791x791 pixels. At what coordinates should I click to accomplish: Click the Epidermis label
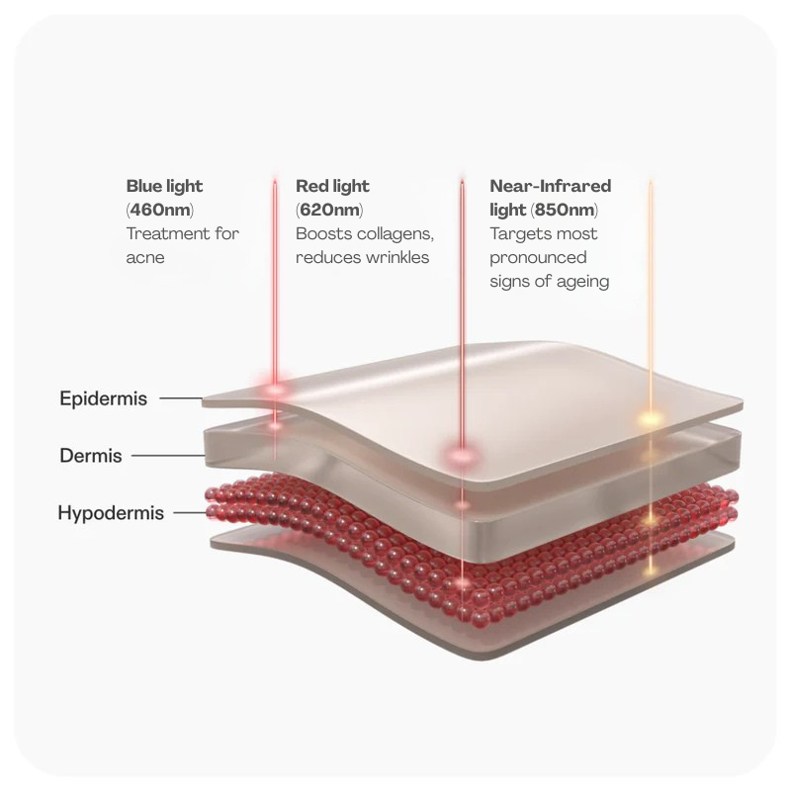click(104, 398)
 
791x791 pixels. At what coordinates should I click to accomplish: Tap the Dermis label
click(91, 456)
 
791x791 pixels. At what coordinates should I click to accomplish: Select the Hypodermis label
click(111, 513)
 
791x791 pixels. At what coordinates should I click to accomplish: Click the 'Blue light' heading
click(164, 186)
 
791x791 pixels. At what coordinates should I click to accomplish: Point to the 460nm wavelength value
click(161, 210)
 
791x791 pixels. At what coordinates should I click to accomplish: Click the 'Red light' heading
click(332, 186)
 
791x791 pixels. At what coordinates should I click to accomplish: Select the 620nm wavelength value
click(330, 210)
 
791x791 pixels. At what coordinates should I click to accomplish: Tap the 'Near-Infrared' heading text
click(551, 186)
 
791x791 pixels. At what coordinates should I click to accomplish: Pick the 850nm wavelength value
click(565, 210)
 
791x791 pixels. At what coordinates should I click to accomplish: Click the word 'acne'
click(145, 258)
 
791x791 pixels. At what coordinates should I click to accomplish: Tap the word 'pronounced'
click(538, 258)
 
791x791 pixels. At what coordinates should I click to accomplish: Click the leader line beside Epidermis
click(181, 398)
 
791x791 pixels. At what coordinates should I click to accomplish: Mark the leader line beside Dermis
click(168, 456)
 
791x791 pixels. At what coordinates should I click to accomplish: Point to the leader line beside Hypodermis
click(190, 513)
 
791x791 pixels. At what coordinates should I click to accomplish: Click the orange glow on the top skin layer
click(651, 418)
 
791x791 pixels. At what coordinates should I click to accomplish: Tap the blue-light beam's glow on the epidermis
click(276, 389)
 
